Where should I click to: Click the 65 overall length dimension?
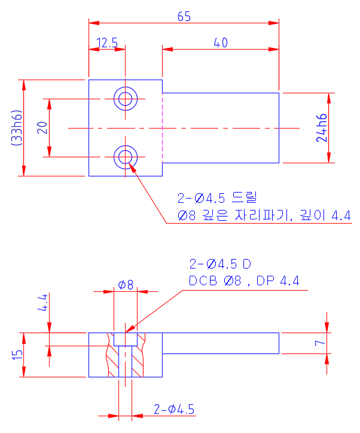tap(184, 16)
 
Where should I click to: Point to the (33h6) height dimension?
tap(16, 127)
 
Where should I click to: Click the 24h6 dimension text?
tap(322, 127)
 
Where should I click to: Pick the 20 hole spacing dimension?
tap(42, 127)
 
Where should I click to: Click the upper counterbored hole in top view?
tap(126, 98)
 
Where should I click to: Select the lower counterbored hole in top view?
tap(126, 157)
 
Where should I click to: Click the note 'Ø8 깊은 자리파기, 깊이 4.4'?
tap(264, 215)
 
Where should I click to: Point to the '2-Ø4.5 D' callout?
tap(220, 264)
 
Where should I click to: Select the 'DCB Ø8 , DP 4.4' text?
tap(244, 280)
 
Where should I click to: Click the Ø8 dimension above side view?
tap(126, 285)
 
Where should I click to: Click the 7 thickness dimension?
tap(321, 343)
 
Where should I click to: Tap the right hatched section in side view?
tap(139, 359)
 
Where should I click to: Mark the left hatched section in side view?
tap(112, 359)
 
